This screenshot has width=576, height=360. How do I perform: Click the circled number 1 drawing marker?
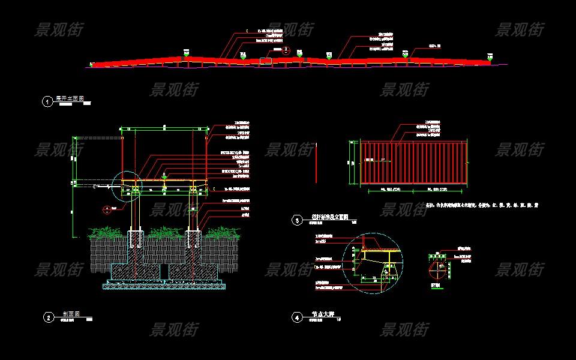pyautogui.click(x=47, y=101)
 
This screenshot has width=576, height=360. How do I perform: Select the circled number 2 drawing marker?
pyautogui.click(x=48, y=318)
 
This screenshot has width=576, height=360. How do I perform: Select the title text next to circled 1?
pyautogui.click(x=70, y=98)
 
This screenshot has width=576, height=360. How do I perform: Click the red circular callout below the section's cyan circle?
pyautogui.click(x=107, y=209)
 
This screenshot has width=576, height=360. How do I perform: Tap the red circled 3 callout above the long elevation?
pyautogui.click(x=286, y=50)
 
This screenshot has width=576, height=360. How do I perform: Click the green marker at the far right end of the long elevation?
pyautogui.click(x=489, y=59)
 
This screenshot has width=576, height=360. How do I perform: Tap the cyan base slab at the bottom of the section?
pyautogui.click(x=164, y=286)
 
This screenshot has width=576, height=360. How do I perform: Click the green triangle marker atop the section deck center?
pyautogui.click(x=164, y=175)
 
